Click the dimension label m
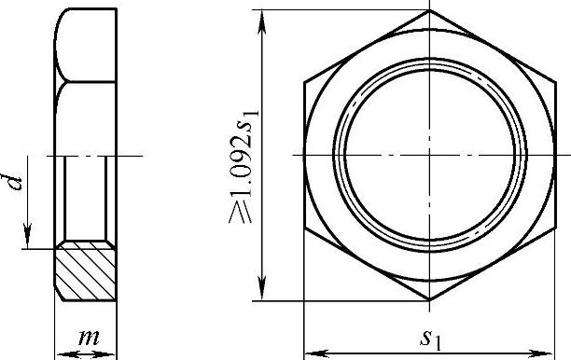click(x=89, y=338)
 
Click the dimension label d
click(x=15, y=182)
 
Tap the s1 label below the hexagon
click(x=430, y=340)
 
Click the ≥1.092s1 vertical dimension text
click(x=244, y=166)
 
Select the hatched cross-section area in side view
click(x=85, y=271)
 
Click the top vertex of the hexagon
click(x=430, y=10)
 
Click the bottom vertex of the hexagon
click(x=430, y=300)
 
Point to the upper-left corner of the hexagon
click(x=304, y=82)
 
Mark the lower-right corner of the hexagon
click(x=556, y=228)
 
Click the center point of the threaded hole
click(x=430, y=156)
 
